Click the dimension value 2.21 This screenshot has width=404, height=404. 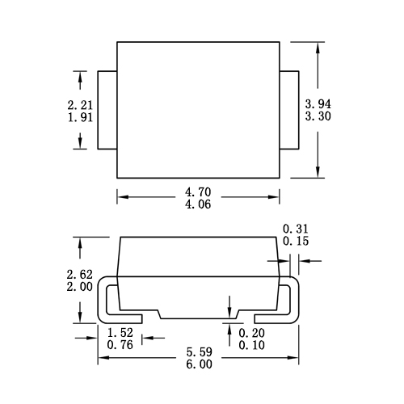(80, 105)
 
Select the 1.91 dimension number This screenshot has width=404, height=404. (80, 117)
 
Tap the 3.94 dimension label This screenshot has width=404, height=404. (318, 104)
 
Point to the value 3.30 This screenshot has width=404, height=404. (318, 116)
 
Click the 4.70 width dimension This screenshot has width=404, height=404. (198, 192)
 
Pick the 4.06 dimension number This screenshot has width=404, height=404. (198, 204)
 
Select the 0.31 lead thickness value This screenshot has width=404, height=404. (296, 229)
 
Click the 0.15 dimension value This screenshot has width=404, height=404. (296, 241)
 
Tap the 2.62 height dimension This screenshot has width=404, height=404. (80, 275)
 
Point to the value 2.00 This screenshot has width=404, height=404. (80, 287)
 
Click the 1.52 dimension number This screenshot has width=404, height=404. (120, 333)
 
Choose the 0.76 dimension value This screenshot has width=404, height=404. (120, 345)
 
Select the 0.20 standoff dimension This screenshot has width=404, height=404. (252, 333)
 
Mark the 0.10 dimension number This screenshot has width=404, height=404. (252, 345)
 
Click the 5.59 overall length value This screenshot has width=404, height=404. (200, 352)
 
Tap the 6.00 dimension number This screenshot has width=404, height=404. (200, 364)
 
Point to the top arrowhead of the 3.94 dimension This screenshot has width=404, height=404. (318, 48)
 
